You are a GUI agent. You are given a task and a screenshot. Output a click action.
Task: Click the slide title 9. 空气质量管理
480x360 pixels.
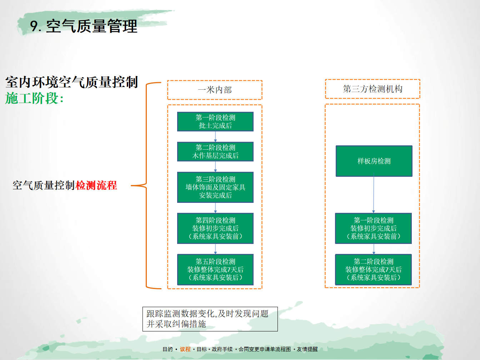84,26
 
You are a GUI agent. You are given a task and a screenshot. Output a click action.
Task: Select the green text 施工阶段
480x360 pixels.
31,98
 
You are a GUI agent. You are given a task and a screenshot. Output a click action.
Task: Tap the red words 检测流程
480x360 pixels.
96,185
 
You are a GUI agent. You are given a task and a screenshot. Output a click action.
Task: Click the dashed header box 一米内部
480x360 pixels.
215,90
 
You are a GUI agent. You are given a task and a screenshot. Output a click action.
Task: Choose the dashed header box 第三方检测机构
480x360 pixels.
372,89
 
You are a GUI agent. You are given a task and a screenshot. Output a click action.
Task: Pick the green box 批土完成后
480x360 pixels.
215,121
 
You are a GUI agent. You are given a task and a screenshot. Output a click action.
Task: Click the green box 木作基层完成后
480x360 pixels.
215,151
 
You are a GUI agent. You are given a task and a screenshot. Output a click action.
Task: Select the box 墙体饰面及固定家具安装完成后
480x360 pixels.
215,187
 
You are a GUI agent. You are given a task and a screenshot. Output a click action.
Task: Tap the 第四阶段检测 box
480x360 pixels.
215,228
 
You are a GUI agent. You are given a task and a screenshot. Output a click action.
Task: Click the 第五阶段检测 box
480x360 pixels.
215,270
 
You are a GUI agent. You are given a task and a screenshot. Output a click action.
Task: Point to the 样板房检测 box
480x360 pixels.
374,161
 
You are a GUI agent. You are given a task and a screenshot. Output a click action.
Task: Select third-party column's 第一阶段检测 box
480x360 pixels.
374,228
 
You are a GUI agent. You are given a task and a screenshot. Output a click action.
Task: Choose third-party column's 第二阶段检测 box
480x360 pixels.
374,270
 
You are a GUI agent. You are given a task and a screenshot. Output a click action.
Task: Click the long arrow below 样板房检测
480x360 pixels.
374,193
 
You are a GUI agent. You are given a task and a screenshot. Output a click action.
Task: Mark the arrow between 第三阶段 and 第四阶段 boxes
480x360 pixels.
215,208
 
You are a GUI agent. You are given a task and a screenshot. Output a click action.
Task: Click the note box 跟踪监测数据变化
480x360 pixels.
210,319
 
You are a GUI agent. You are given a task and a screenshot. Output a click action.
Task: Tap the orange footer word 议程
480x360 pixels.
185,349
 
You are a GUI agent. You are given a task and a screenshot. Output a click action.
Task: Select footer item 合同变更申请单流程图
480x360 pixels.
265,349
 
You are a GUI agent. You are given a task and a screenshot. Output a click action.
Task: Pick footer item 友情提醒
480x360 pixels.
307,349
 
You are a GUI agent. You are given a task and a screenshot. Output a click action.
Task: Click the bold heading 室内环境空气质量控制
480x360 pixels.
71,82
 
